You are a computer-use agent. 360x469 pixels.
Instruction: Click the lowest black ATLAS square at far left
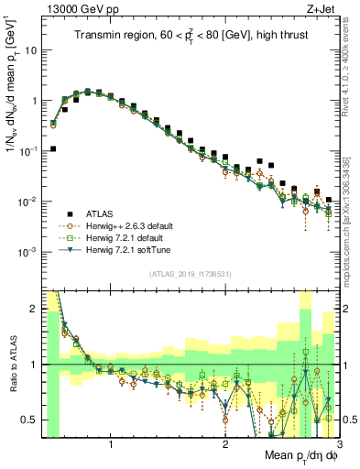53,148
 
